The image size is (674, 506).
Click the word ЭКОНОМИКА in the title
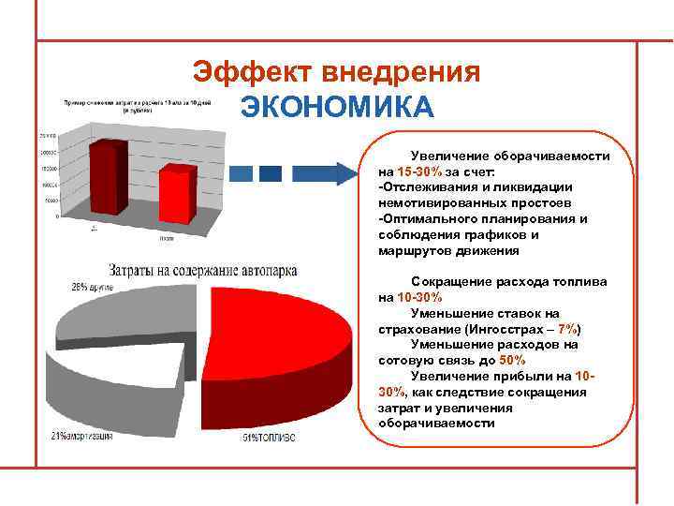[x=337, y=107]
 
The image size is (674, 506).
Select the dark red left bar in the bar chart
[x=107, y=179]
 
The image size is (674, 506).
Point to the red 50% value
[x=513, y=359]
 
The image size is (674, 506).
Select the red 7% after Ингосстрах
[x=568, y=330]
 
